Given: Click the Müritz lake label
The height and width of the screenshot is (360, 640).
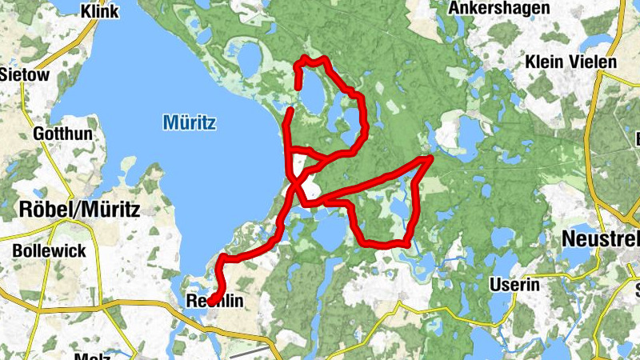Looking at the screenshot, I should pos(190,122).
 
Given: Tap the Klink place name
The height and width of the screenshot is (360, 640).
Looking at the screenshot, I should pos(100,11).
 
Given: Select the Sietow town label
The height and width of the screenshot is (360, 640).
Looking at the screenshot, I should pos(24,75).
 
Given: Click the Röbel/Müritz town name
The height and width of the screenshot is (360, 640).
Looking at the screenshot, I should pos(78,210).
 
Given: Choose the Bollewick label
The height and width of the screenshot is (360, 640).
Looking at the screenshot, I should pos(49,250).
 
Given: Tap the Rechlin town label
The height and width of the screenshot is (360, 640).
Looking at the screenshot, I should pos(214,302).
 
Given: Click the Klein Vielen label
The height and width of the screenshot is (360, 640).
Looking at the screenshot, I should pos(571,62).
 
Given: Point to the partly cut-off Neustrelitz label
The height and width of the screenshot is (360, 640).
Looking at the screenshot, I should pos(600,238).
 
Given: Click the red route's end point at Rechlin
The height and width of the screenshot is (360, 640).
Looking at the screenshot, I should pos(212,301).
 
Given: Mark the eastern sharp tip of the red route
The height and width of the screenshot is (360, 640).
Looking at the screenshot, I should pos(431,158).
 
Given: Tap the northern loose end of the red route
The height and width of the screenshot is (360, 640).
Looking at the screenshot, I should pos(298,86).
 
